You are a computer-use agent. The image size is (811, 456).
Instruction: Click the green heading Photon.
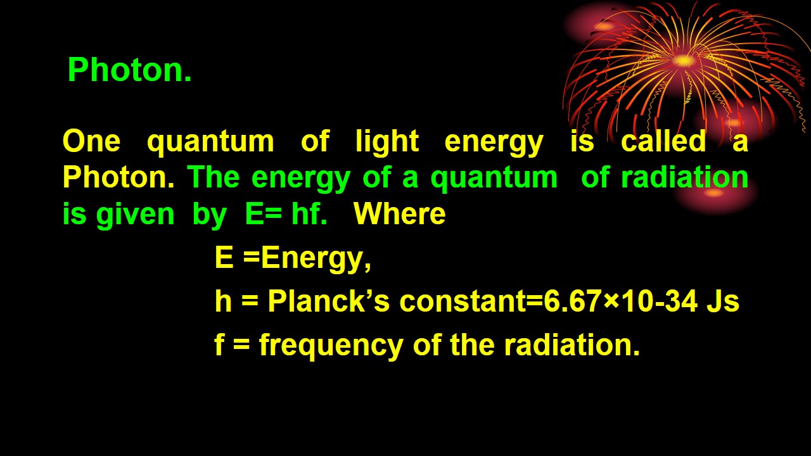click(x=129, y=70)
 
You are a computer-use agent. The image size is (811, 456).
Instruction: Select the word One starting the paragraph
click(x=91, y=141)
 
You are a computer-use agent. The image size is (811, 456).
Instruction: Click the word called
click(x=663, y=141)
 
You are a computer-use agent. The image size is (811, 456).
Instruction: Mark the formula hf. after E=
click(x=309, y=214)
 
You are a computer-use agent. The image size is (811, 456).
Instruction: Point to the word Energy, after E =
click(x=316, y=259)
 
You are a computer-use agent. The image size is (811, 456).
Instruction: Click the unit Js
click(x=723, y=302)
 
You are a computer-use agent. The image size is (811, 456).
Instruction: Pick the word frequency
click(x=331, y=346)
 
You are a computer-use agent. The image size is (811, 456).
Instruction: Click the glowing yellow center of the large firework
click(x=684, y=61)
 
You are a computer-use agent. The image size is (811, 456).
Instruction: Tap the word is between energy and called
click(x=582, y=141)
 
